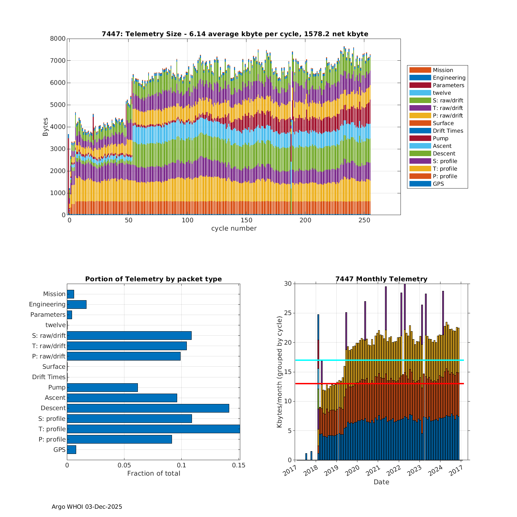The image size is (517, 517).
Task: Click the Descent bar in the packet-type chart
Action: [x=148, y=408]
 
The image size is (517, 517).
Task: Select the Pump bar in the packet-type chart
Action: [x=102, y=387]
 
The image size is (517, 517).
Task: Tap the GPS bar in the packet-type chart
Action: [x=71, y=449]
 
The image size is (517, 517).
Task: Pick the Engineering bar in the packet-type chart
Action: [x=77, y=304]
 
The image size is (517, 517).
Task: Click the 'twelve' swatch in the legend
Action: [x=420, y=93]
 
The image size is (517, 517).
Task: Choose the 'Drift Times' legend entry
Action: [x=448, y=131]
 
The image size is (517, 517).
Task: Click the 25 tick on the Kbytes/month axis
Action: [x=287, y=313]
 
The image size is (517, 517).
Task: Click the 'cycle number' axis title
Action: [x=234, y=229]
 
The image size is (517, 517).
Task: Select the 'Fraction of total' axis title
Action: [x=153, y=474]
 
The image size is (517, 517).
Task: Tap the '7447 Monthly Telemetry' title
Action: [x=381, y=279]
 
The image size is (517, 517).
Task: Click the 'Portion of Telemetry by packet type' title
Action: [x=153, y=279]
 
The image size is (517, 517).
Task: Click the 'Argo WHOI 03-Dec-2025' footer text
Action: [x=87, y=507]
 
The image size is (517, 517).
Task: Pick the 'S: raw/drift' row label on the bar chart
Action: [x=49, y=335]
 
